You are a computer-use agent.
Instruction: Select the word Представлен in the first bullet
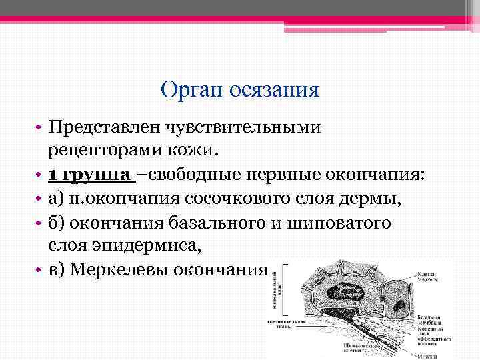pos(104,127)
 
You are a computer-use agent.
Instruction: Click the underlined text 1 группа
pos(91,175)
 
